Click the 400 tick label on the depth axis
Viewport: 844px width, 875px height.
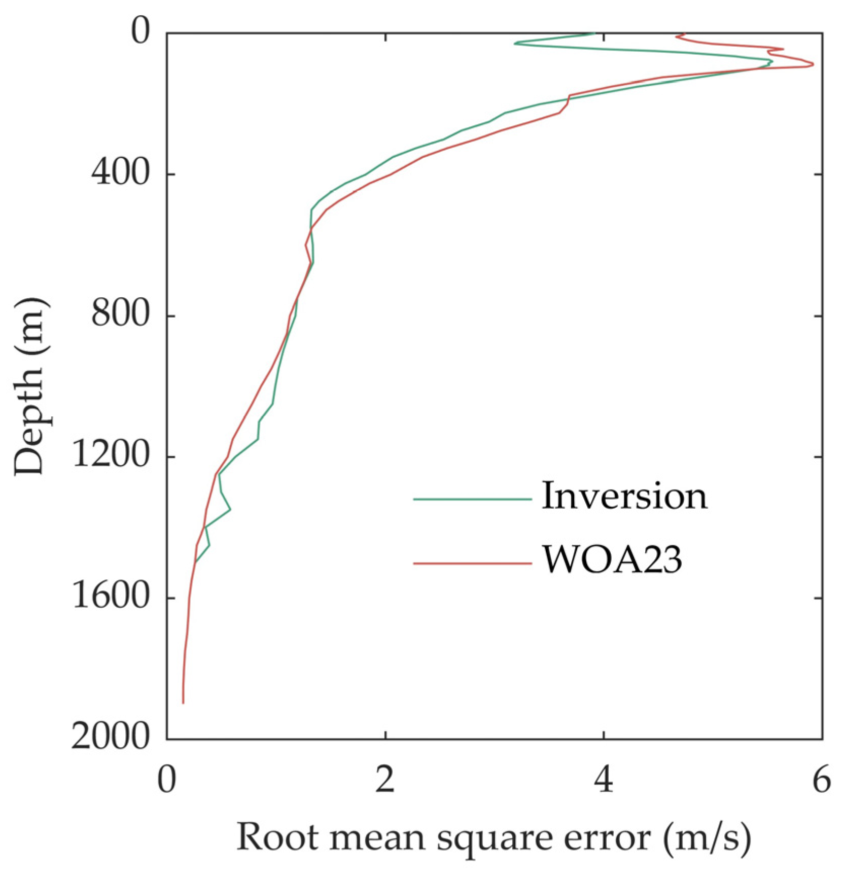click(120, 174)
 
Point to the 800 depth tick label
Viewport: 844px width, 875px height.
click(120, 315)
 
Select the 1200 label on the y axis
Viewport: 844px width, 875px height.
click(111, 457)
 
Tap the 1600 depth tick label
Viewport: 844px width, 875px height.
click(111, 598)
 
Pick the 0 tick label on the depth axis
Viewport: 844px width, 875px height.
click(140, 32)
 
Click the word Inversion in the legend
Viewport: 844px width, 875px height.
click(624, 497)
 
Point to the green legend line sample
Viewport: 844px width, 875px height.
click(472, 499)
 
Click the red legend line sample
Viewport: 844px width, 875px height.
click(472, 563)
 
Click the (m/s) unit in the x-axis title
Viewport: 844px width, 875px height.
click(707, 838)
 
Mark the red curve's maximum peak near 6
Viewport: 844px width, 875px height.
click(813, 64)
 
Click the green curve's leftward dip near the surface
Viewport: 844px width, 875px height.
click(515, 44)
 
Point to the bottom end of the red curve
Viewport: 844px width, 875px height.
click(183, 703)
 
